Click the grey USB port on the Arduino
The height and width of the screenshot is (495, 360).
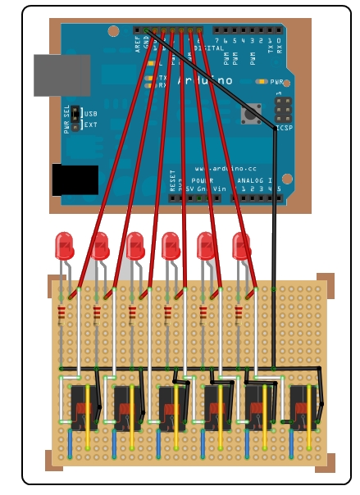click(62, 75)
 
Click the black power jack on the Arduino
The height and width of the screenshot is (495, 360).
click(75, 179)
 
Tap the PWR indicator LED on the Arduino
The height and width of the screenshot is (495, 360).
click(262, 82)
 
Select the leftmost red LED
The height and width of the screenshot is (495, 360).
click(63, 245)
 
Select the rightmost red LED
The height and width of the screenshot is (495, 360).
click(241, 245)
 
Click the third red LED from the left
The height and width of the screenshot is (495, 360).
click(134, 245)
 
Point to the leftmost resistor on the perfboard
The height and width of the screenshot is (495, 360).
click(62, 315)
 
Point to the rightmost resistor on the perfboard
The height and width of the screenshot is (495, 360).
click(239, 315)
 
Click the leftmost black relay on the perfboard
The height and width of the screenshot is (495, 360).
click(82, 406)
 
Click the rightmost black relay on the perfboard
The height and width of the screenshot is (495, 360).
click(303, 406)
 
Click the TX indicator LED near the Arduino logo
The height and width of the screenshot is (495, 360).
click(151, 77)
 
